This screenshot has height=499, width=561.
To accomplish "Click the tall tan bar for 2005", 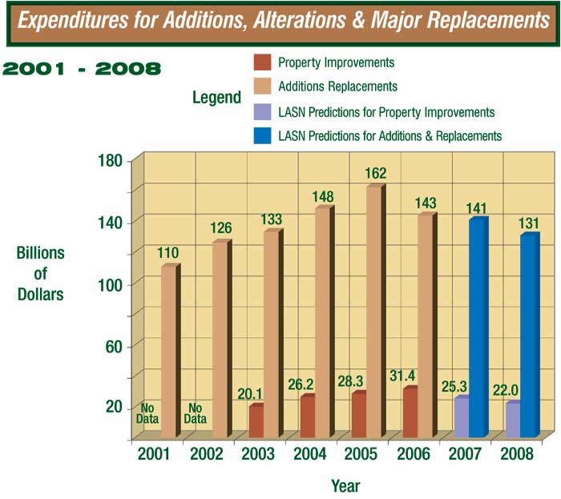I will pyautogui.click(x=373, y=312).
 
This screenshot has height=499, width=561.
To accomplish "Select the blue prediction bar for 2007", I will pyautogui.click(x=477, y=328).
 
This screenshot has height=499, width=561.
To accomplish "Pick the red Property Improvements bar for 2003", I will pyautogui.click(x=256, y=421).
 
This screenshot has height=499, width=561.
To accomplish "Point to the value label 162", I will pyautogui.click(x=376, y=172).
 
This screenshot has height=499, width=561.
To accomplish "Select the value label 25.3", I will pyautogui.click(x=454, y=386).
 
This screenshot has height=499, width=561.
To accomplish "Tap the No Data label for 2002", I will pyautogui.click(x=196, y=413).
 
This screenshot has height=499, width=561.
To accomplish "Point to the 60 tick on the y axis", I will pyautogui.click(x=116, y=345).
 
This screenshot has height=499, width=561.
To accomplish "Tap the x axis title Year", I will pyautogui.click(x=345, y=485).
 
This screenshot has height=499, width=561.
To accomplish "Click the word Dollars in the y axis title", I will pyautogui.click(x=40, y=294).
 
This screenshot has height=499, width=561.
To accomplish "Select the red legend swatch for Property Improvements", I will pyautogui.click(x=261, y=62).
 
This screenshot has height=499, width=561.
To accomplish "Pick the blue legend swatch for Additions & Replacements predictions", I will pyautogui.click(x=261, y=135).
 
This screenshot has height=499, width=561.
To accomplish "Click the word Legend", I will pyautogui.click(x=216, y=98).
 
